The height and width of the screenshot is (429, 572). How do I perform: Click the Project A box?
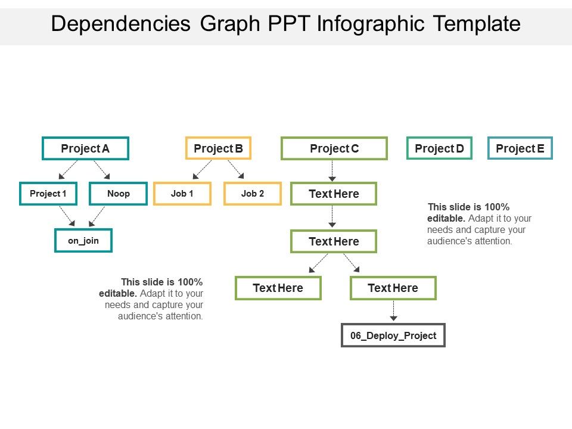pyautogui.click(x=85, y=148)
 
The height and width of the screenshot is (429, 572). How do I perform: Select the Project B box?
pyautogui.click(x=218, y=148)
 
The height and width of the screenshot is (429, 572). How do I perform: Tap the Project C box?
pyautogui.click(x=334, y=148)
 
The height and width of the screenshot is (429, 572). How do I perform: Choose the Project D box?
pyautogui.click(x=439, y=148)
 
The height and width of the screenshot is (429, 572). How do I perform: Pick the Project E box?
pyautogui.click(x=520, y=148)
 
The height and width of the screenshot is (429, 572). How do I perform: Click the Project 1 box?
pyautogui.click(x=48, y=194)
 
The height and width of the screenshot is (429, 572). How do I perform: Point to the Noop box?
pyautogui.click(x=118, y=194)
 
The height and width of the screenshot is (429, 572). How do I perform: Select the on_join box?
pyautogui.click(x=83, y=241)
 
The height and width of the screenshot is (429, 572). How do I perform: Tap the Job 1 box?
pyautogui.click(x=182, y=194)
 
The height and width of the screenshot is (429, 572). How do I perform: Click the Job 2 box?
pyautogui.click(x=253, y=194)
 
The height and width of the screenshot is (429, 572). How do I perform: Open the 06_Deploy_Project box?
pyautogui.click(x=393, y=335)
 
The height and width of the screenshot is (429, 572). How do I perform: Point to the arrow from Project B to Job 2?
pyautogui.click(x=236, y=170)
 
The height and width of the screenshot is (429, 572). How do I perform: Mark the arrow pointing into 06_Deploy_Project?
pyautogui.click(x=393, y=311)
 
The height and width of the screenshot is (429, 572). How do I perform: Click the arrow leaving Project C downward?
pyautogui.click(x=332, y=171)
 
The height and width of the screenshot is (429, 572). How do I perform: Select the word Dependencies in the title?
pyautogui.click(x=121, y=24)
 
